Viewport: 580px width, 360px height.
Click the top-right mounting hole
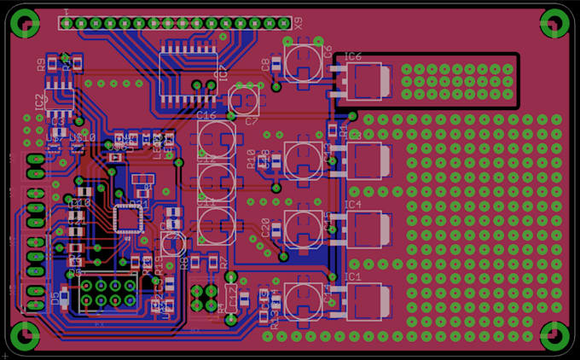point(555,22)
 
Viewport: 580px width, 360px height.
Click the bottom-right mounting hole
point(555,334)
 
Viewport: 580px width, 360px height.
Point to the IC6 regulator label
point(353,56)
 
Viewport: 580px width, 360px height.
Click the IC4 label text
point(353,206)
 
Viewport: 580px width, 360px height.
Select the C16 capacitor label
point(206,115)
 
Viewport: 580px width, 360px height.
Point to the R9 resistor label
point(40,64)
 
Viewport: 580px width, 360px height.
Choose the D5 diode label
point(55,299)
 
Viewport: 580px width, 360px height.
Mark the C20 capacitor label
point(265,227)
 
